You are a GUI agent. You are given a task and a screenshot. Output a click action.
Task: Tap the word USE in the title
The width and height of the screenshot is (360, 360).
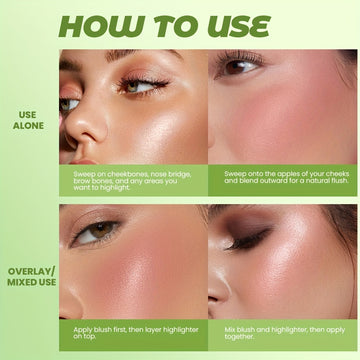(238, 26)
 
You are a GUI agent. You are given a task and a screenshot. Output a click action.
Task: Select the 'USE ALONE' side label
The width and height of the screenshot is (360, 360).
(28, 120)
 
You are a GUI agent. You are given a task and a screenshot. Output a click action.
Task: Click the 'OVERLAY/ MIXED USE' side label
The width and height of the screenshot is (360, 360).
(31, 277)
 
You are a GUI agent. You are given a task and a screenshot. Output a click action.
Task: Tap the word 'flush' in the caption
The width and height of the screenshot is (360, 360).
(339, 181)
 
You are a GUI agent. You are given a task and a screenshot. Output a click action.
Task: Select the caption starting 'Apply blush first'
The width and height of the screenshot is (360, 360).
(136, 333)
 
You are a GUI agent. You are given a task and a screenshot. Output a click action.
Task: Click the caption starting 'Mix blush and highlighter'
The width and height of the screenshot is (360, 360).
(285, 333)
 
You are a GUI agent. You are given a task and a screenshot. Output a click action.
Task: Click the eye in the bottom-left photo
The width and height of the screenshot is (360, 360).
(96, 232)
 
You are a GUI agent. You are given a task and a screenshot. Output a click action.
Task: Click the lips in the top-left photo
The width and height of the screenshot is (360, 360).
(82, 162)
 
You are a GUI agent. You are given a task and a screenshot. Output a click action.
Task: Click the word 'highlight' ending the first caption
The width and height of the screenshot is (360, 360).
(115, 188)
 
